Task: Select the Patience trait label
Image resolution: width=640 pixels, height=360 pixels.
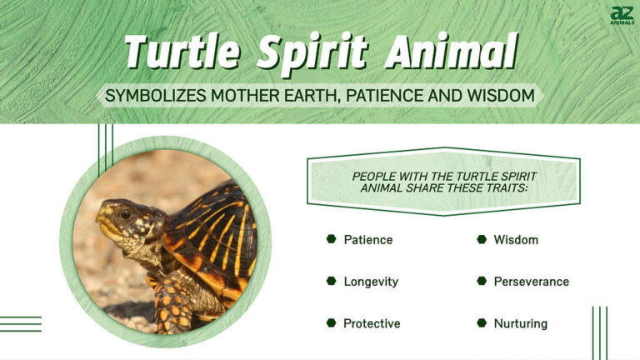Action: pyautogui.click(x=367, y=240)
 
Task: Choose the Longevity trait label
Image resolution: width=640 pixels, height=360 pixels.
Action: pyautogui.click(x=371, y=282)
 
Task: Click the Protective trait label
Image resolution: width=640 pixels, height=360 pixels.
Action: pyautogui.click(x=372, y=323)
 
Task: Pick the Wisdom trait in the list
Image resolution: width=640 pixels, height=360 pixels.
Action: pyautogui.click(x=516, y=240)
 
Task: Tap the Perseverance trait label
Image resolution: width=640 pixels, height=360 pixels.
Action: pyautogui.click(x=531, y=282)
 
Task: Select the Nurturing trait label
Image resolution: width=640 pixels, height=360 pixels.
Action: pyautogui.click(x=521, y=323)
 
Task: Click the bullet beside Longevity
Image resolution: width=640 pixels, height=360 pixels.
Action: pyautogui.click(x=331, y=282)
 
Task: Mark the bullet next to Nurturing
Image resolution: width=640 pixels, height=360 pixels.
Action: pyautogui.click(x=481, y=323)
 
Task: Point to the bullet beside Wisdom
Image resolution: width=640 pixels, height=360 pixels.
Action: pyautogui.click(x=481, y=240)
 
